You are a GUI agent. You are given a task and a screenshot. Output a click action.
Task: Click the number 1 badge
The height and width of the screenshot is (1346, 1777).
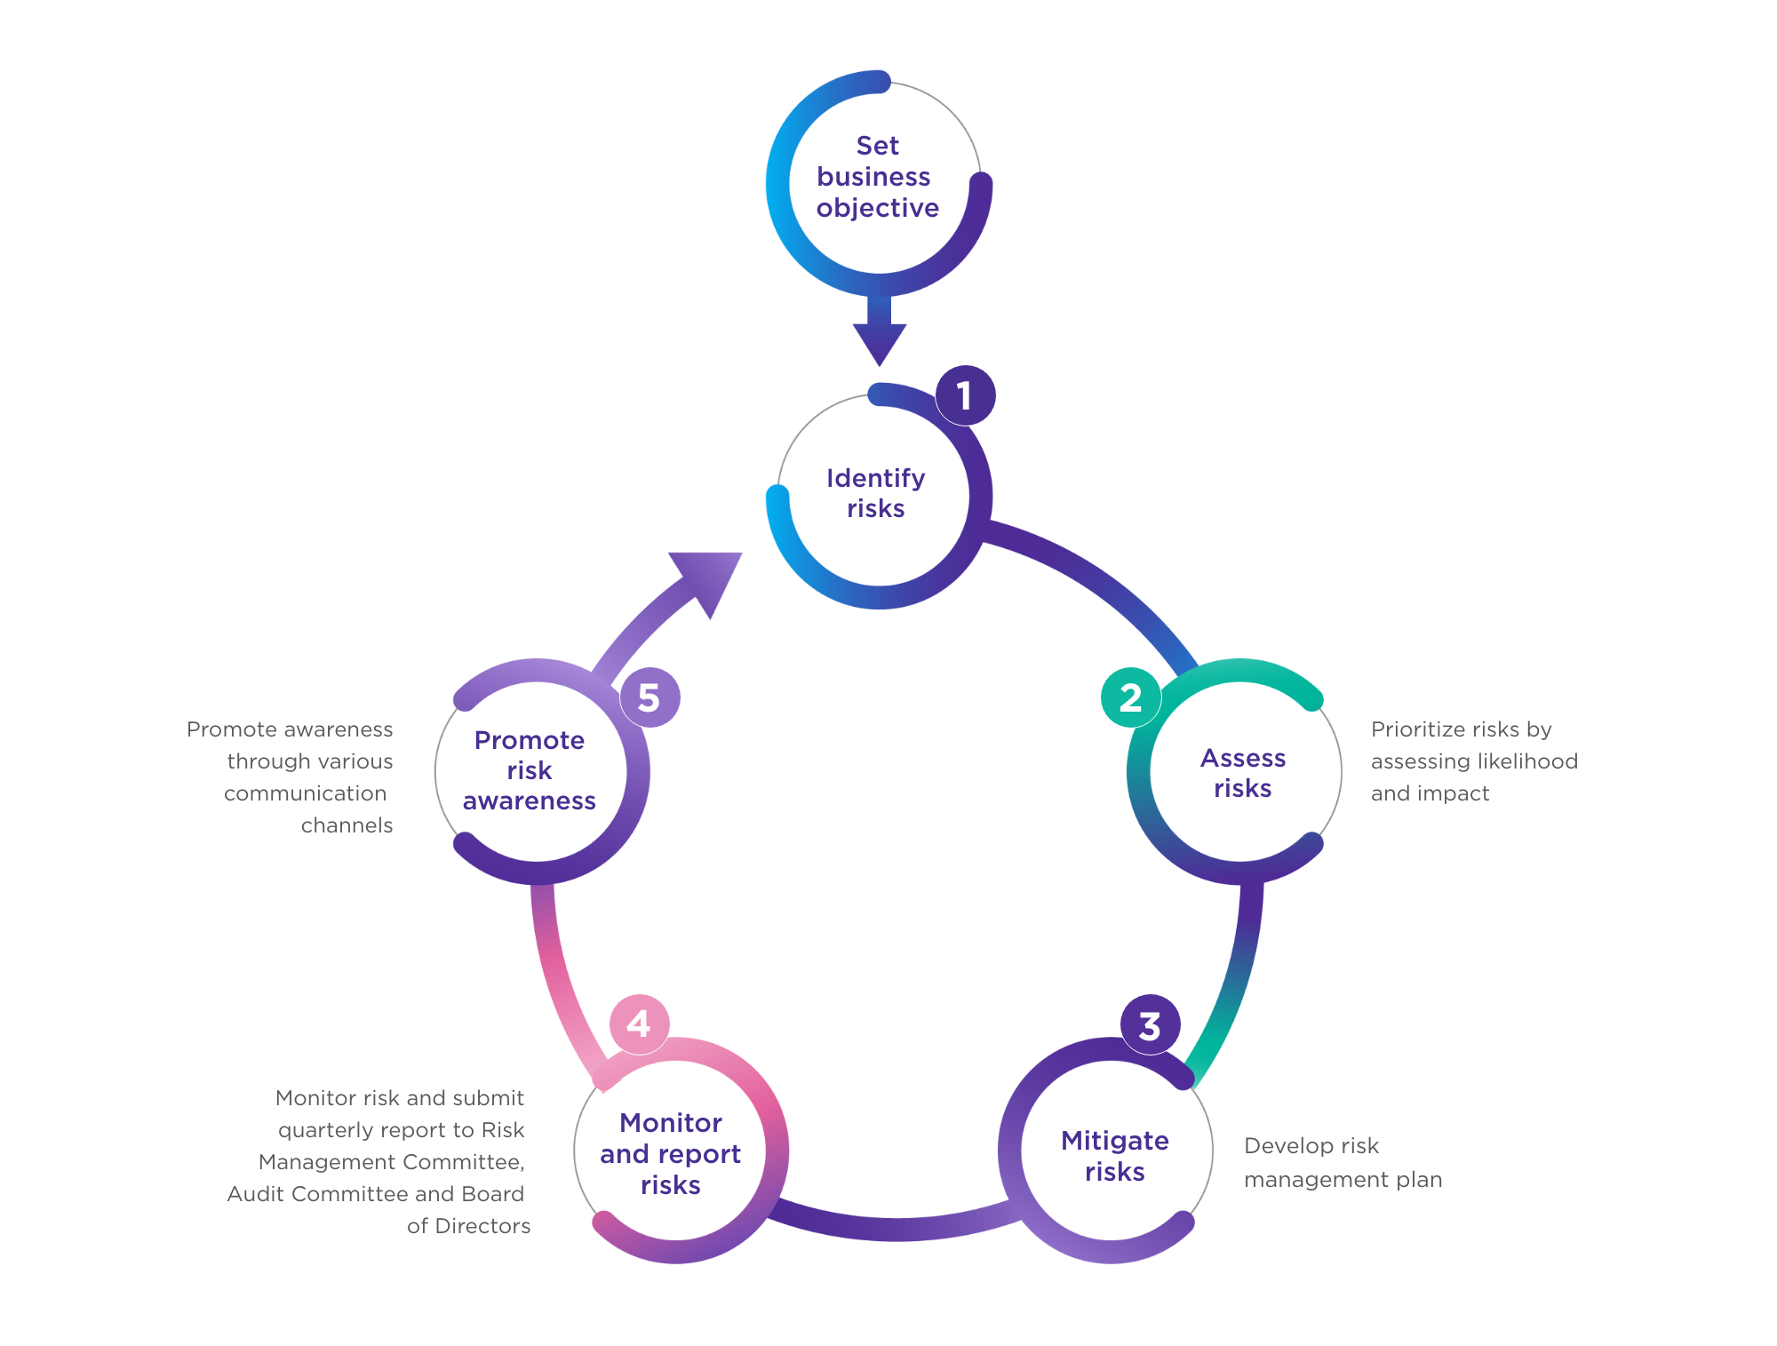pyautogui.click(x=965, y=395)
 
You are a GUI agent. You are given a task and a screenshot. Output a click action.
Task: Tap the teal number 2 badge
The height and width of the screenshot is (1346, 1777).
pyautogui.click(x=1130, y=697)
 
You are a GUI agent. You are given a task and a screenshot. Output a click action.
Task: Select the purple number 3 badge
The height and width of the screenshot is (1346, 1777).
pyautogui.click(x=1150, y=1025)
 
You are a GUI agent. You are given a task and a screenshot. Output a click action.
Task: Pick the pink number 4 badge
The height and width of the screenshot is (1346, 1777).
pyautogui.click(x=639, y=1024)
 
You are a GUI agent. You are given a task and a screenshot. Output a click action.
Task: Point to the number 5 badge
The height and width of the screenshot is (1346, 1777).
pyautogui.click(x=649, y=697)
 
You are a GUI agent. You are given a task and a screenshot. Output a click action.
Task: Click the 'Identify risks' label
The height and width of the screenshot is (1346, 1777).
pyautogui.click(x=876, y=493)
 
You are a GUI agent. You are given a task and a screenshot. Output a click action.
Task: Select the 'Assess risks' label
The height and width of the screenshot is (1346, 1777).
pyautogui.click(x=1243, y=773)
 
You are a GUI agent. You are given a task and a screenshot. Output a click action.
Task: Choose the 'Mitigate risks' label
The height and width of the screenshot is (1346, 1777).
pyautogui.click(x=1115, y=1156)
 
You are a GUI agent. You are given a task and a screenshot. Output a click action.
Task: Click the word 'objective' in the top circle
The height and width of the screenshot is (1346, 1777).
pyautogui.click(x=878, y=209)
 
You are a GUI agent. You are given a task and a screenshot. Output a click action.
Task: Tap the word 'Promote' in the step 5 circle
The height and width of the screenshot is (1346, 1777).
pyautogui.click(x=530, y=740)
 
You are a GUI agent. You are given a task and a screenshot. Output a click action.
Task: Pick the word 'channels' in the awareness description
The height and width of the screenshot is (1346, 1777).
pyautogui.click(x=347, y=825)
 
